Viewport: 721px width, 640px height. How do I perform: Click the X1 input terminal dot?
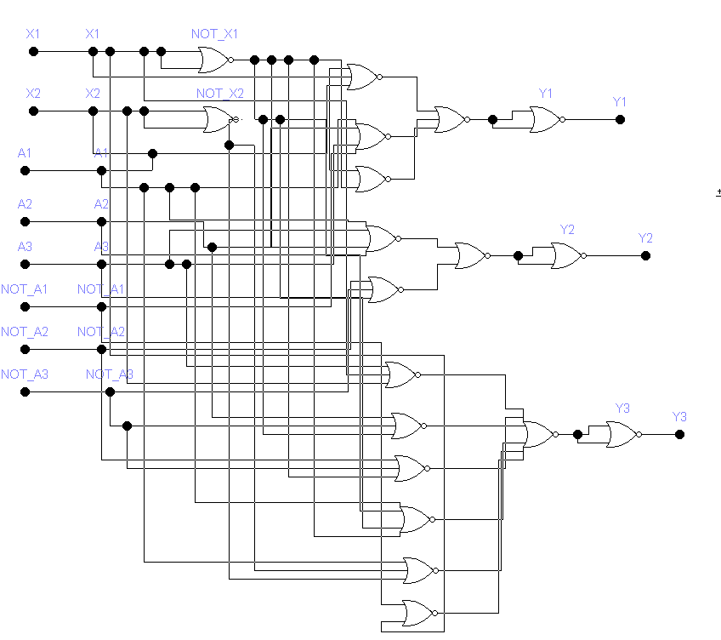coord(34,51)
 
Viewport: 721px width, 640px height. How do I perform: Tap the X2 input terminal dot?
coord(34,111)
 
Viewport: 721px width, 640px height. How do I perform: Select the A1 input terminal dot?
coord(25,170)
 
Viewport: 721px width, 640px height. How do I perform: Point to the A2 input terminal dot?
coord(25,221)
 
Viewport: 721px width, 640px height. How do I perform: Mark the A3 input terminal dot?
coord(25,264)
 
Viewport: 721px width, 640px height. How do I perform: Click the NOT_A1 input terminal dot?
coord(25,306)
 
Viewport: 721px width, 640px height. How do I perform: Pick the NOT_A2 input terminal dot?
coord(25,349)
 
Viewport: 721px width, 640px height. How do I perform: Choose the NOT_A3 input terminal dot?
coord(25,391)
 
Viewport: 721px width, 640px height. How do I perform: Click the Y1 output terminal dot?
coord(620,119)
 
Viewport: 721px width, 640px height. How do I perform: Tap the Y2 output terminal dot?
coord(645,255)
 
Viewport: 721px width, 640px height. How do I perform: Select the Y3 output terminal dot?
coord(679,434)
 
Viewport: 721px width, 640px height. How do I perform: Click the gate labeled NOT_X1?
coord(213,60)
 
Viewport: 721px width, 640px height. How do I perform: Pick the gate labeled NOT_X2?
coord(219,119)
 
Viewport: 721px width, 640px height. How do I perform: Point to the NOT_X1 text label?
coord(214,34)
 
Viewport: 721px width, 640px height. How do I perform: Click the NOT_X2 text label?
coord(219,94)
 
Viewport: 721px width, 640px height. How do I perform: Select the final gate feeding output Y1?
coord(545,119)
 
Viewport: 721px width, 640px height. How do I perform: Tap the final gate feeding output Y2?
coord(567,255)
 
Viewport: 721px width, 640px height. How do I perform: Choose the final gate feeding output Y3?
coord(622,434)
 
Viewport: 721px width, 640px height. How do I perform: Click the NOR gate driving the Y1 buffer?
coord(450,119)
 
